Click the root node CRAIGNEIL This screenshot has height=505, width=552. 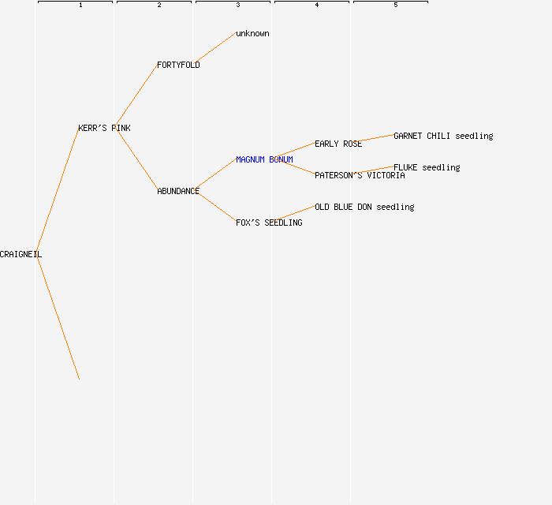tap(21, 254)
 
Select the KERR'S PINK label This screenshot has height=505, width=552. tap(104, 128)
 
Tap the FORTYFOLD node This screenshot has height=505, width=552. tap(178, 65)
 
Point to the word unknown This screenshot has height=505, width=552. tap(252, 33)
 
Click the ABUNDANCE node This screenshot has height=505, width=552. tap(178, 191)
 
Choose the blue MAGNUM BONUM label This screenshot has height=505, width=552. tap(264, 159)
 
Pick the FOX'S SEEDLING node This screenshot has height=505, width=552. tap(269, 223)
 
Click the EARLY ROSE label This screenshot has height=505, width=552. tap(338, 144)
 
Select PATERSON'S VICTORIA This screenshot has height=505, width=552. tap(360, 175)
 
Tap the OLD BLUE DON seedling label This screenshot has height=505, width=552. tap(364, 207)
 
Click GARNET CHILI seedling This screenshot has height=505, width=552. tap(443, 136)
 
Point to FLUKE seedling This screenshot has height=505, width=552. tap(427, 167)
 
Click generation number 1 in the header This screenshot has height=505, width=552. tap(80, 5)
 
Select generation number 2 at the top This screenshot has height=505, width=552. tap(159, 5)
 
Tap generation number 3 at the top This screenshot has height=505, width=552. tap(238, 5)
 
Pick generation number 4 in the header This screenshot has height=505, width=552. tap(317, 5)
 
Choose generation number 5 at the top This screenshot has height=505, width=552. tap(396, 5)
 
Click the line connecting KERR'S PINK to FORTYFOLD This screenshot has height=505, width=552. tap(136, 95)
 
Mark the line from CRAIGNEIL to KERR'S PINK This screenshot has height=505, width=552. tap(58, 190)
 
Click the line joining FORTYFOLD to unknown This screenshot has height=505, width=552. tap(214, 48)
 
